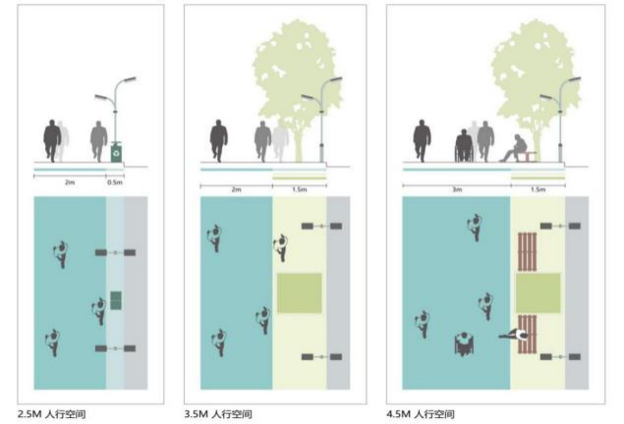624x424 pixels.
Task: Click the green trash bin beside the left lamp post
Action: pyautogui.click(x=117, y=152)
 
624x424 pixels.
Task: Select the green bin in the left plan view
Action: pyautogui.click(x=115, y=299)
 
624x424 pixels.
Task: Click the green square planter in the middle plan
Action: pyautogui.click(x=299, y=293)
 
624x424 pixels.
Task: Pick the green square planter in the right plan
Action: pyautogui.click(x=537, y=293)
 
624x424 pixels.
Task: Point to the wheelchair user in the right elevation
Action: pyautogui.click(x=463, y=145)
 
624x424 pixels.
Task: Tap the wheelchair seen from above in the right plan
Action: pyautogui.click(x=463, y=344)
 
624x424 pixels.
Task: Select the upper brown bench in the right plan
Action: pyautogui.click(x=527, y=252)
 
